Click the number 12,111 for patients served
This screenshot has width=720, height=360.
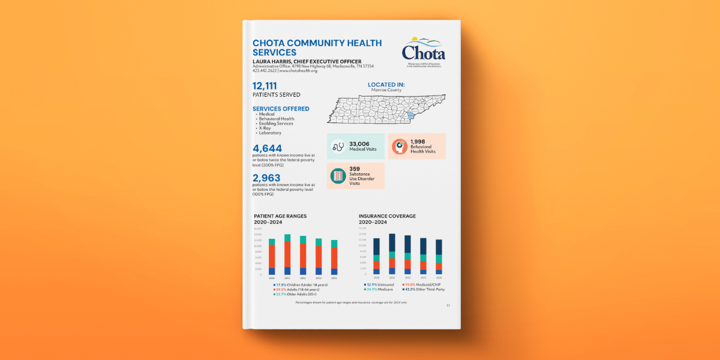tap(265, 86)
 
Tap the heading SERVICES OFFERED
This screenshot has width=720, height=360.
tap(281, 109)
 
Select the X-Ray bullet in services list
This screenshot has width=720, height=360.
tap(264, 128)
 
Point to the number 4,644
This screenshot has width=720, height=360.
tap(267, 148)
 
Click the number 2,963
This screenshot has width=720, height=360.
tap(266, 178)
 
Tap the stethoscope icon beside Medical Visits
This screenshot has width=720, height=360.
tap(338, 146)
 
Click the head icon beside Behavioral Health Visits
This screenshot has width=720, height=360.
tap(400, 146)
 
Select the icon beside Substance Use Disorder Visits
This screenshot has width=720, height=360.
tap(338, 176)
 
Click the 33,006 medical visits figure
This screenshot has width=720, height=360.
tap(359, 143)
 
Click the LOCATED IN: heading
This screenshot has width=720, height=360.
tap(386, 85)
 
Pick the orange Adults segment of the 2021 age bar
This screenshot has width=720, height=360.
tap(287, 254)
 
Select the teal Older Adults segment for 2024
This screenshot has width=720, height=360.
tap(334, 244)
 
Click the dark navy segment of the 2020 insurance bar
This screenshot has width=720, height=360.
tap(377, 247)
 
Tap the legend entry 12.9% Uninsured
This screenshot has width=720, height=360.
tap(379, 284)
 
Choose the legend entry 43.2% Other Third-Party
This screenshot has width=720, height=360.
tap(430, 289)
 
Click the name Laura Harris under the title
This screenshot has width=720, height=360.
tap(277, 61)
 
